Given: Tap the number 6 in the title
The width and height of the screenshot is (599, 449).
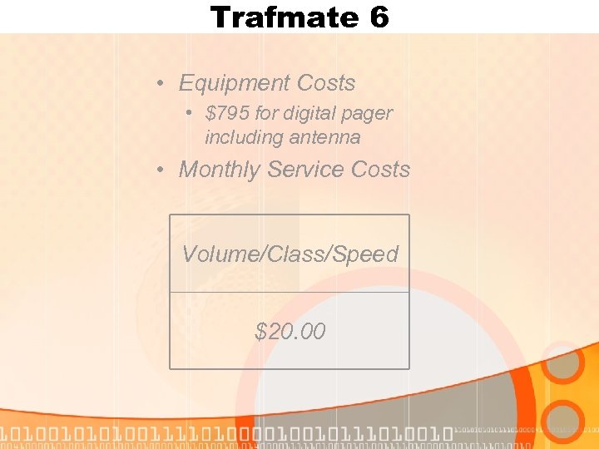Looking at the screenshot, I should pos(379,17).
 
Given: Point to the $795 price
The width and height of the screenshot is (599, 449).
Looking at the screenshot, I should pos(227,112).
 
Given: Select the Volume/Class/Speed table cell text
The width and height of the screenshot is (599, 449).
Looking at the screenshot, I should pos(290,254).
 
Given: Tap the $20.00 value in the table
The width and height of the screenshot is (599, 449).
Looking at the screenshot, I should pos(290,333).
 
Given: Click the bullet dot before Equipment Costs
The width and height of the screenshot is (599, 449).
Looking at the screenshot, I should pos(160,84).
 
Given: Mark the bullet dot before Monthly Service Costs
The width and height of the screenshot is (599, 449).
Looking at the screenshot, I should pos(160,170).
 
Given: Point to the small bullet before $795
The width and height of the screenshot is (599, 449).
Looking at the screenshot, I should pos(191,112).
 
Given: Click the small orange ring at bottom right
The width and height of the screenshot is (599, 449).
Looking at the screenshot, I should pos(566,422).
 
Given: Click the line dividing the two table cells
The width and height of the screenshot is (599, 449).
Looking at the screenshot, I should pos(290,292).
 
